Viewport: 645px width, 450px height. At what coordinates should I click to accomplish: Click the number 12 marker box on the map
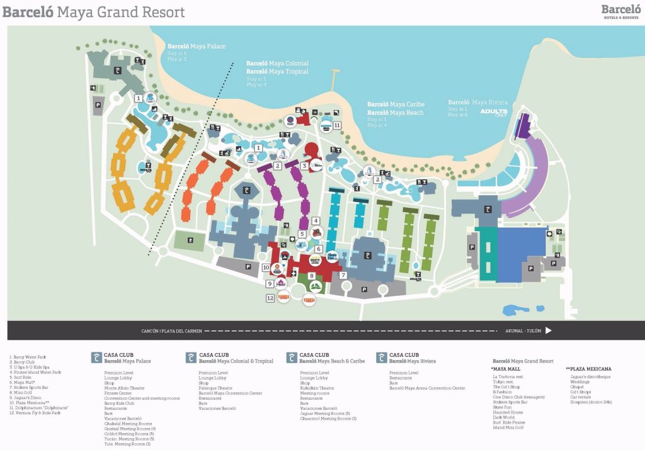[270, 298]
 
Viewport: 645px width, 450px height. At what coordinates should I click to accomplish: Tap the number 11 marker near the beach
[337, 125]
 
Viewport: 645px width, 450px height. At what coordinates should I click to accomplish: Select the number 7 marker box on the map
[343, 275]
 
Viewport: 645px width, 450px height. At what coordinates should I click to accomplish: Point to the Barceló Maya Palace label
[196, 47]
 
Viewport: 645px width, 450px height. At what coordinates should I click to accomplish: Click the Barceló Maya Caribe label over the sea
[396, 104]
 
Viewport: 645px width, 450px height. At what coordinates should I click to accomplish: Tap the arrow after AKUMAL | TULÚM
[548, 330]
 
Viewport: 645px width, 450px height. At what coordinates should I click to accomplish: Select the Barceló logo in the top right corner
[620, 11]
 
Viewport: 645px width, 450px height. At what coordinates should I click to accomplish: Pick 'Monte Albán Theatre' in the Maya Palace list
[124, 388]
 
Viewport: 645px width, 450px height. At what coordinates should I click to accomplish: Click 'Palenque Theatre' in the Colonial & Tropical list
[216, 388]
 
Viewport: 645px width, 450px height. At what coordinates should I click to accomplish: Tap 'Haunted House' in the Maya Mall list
[508, 412]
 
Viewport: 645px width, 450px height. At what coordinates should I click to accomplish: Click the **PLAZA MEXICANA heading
[588, 369]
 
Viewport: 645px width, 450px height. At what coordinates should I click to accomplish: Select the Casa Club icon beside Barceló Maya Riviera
[381, 357]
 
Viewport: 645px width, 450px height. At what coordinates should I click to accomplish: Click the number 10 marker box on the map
[266, 267]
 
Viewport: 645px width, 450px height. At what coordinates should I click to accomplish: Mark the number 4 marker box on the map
[316, 221]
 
